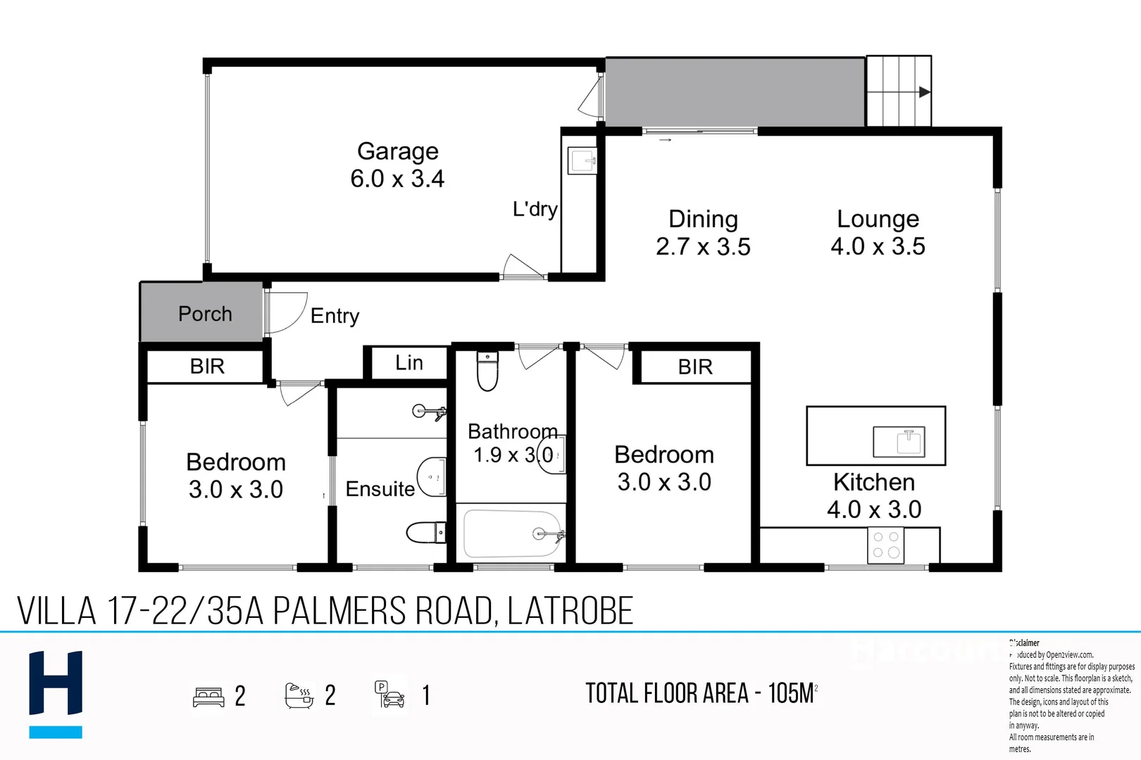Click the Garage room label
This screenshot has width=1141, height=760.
[398, 151]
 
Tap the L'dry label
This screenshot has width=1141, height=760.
[535, 209]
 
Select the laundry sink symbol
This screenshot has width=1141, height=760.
[582, 160]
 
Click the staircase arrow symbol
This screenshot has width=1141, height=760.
[924, 92]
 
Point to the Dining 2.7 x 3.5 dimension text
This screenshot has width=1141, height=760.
[703, 247]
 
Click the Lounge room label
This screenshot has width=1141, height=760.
[878, 219]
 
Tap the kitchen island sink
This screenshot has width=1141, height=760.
[899, 442]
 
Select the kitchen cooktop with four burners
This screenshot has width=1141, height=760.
[886, 545]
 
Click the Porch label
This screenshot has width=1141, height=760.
[205, 314]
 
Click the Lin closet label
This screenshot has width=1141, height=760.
[409, 363]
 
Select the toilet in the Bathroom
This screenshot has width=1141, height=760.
[487, 371]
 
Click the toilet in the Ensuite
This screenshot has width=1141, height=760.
[426, 532]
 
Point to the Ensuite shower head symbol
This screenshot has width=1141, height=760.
[429, 412]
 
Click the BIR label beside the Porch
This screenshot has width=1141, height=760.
[207, 366]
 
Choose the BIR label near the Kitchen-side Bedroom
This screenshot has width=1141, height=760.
[695, 367]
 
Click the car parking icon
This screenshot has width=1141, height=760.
[389, 695]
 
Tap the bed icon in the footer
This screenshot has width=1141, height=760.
[208, 697]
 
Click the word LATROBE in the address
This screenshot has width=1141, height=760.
[570, 611]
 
